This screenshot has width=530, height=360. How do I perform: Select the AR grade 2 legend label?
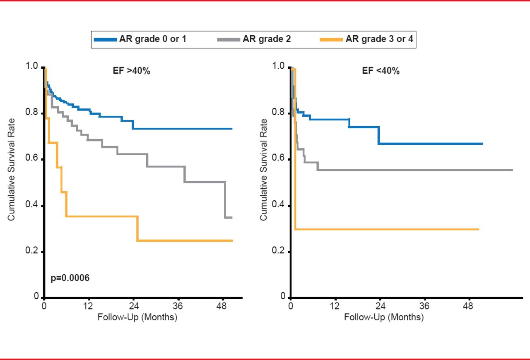267,40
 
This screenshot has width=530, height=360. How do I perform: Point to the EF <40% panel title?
381,71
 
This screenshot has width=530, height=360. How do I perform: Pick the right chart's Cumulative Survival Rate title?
263,170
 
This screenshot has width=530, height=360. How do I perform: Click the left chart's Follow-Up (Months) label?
137,318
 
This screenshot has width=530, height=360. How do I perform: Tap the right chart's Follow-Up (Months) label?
384,318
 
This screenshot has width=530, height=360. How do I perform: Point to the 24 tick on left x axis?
134,307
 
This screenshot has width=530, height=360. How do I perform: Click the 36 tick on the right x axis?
424,307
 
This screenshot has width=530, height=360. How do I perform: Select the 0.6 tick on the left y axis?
32,159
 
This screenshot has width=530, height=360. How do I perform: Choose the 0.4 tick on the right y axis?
278,206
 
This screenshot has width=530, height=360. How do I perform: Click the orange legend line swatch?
332,40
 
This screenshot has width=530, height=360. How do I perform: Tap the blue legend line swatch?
105,40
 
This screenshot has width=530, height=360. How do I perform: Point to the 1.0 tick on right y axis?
278,67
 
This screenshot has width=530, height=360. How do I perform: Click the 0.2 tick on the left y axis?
32,252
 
